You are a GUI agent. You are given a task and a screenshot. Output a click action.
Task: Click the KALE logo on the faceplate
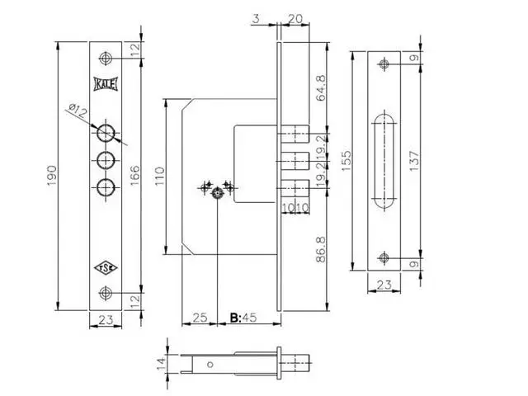pyautogui.click(x=106, y=84)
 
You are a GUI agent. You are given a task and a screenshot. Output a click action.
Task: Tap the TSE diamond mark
pyautogui.click(x=106, y=268)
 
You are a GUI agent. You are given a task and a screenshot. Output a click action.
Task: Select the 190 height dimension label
pyautogui.click(x=52, y=176)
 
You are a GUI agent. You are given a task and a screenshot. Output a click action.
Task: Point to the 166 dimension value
pyautogui.click(x=134, y=176)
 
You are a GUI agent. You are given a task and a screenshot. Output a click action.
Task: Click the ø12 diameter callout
pyautogui.click(x=78, y=111)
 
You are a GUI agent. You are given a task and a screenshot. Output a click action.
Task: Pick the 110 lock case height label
pyautogui.click(x=159, y=176)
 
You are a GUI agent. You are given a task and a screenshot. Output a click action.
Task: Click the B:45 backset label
pyautogui.click(x=243, y=317)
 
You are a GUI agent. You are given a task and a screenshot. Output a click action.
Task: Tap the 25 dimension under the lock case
pyautogui.click(x=200, y=317)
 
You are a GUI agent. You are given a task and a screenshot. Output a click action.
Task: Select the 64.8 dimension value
pyautogui.click(x=321, y=88)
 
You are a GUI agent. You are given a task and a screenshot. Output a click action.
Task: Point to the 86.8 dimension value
pyautogui.click(x=321, y=249)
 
